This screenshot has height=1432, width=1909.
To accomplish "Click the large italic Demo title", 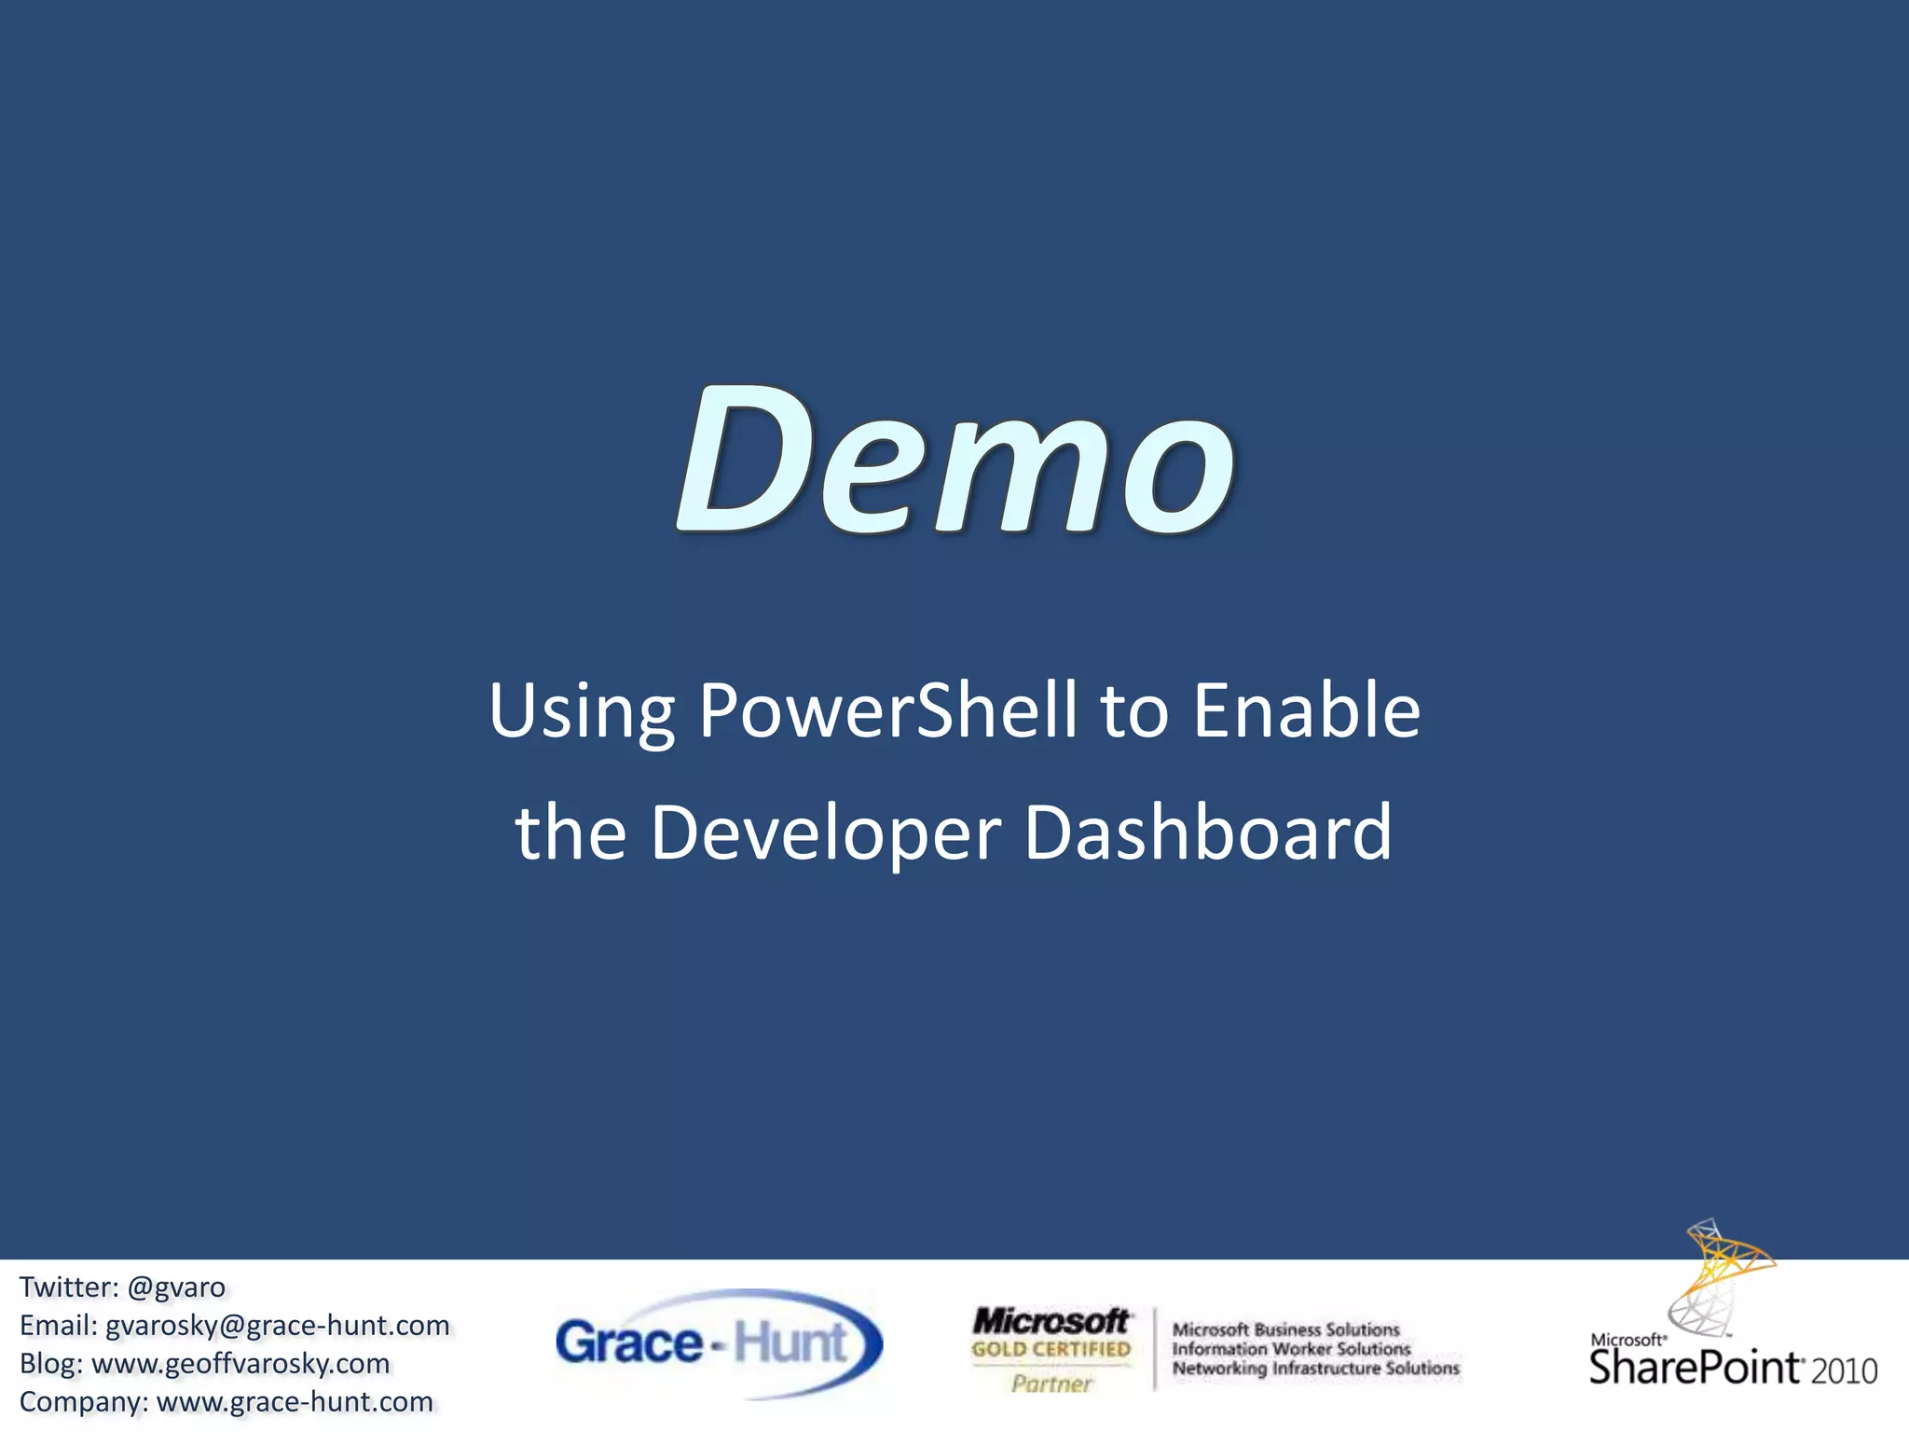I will [954, 461].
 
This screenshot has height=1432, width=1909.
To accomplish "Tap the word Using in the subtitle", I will [582, 712].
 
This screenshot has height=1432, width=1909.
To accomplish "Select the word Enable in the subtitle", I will [1307, 710].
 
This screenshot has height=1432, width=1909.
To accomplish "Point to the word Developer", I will [825, 833].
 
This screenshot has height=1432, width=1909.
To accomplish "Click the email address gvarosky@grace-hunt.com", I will [277, 1325].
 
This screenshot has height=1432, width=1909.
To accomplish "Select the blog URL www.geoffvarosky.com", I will [240, 1363].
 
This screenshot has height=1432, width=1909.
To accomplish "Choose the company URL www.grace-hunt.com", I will [295, 1401].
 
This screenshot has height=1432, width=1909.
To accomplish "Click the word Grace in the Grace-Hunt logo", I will [628, 1343].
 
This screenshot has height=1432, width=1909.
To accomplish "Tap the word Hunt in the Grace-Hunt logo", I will [790, 1342].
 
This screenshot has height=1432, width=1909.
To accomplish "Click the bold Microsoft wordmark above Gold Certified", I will [1051, 1321].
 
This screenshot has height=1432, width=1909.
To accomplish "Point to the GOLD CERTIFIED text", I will [1051, 1349].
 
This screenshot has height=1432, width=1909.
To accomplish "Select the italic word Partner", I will [1051, 1384].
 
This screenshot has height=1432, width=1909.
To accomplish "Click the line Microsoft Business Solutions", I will [1285, 1329].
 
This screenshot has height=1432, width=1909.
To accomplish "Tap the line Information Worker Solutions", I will [1291, 1349].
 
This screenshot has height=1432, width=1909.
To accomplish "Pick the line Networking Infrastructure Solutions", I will [1315, 1369].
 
